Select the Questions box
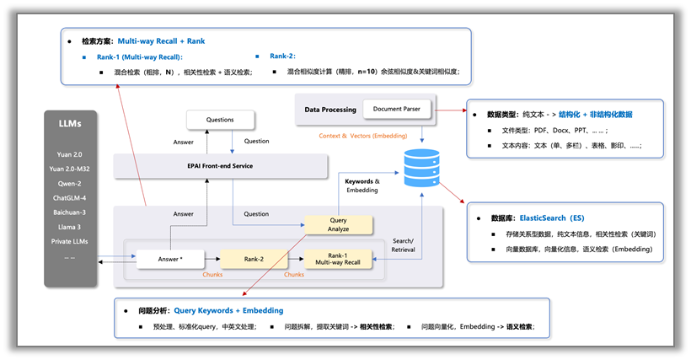coord(220,120)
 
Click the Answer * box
coord(171,258)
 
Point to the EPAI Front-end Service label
coord(220,166)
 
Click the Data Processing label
coord(330,110)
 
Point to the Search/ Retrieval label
coord(403,246)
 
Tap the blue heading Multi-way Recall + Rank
coord(161,40)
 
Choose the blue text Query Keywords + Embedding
coord(228,310)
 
